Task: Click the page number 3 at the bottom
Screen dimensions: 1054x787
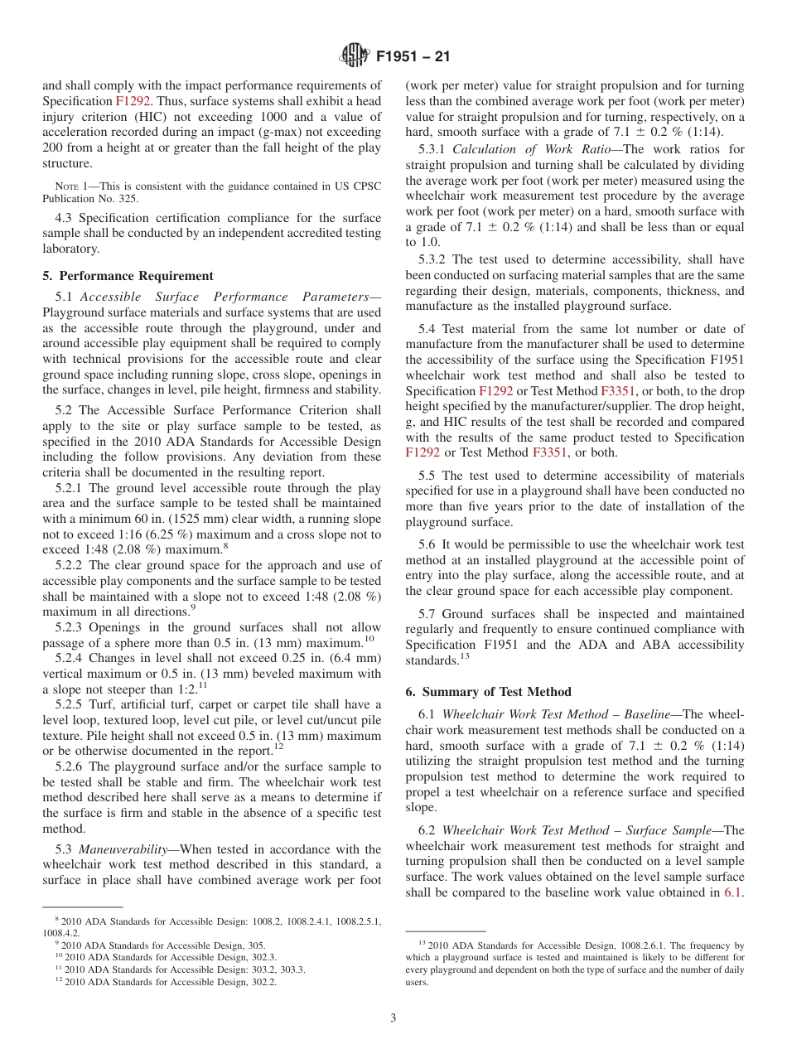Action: pyautogui.click(x=393, y=1018)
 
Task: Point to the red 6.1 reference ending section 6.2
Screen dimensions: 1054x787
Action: pyautogui.click(x=733, y=892)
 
